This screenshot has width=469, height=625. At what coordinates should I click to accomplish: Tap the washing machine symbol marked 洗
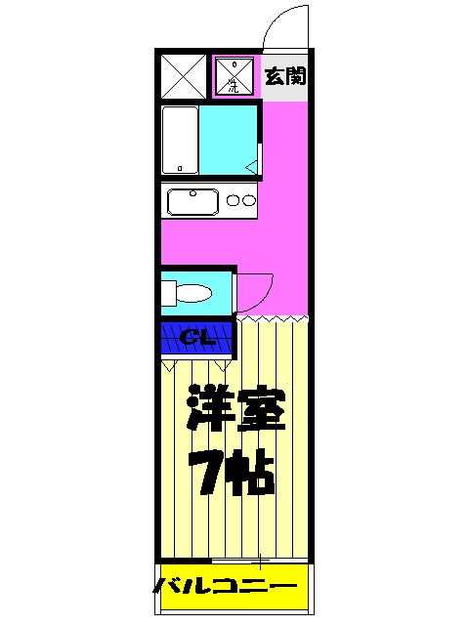pyautogui.click(x=234, y=76)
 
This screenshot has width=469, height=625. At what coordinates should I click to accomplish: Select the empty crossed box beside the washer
pyautogui.click(x=183, y=76)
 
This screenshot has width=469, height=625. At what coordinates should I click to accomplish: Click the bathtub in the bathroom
pyautogui.click(x=181, y=142)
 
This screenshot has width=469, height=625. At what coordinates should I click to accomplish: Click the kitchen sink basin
pyautogui.click(x=193, y=202)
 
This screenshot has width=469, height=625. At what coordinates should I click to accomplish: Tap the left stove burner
pyautogui.click(x=233, y=202)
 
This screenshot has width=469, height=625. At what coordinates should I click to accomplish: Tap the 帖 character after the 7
pyautogui.click(x=251, y=474)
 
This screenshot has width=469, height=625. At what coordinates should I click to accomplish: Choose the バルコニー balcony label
pyautogui.click(x=226, y=587)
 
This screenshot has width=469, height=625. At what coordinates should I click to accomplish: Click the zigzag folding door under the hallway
pyautogui.click(x=272, y=318)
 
